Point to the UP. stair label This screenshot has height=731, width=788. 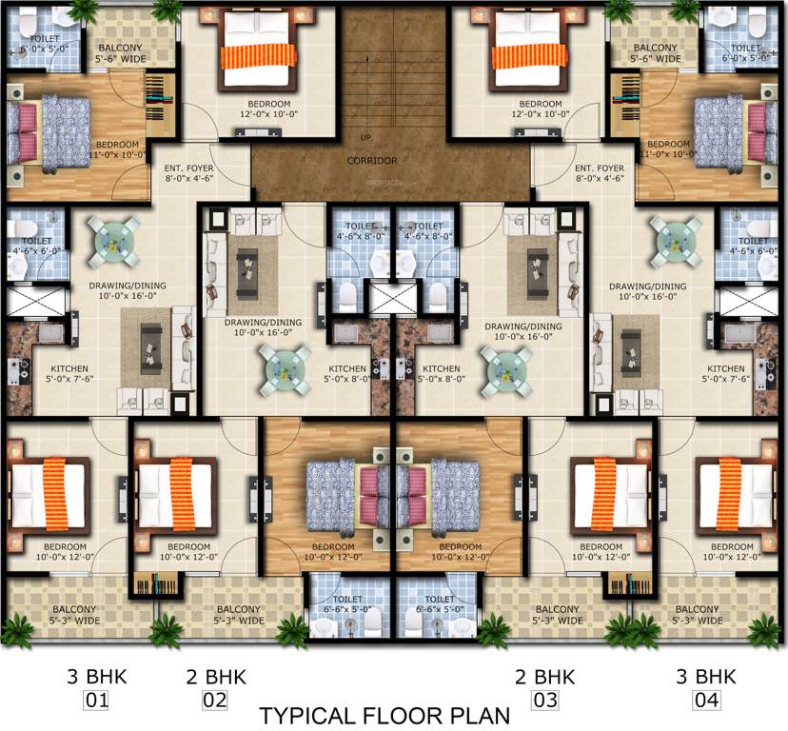point(366,139)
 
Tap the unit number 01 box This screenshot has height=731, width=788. point(97,702)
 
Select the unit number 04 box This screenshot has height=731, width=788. point(704,702)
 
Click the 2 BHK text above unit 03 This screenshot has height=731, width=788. point(545,677)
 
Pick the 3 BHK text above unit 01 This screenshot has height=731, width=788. point(96,677)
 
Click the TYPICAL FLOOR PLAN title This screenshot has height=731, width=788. point(385,715)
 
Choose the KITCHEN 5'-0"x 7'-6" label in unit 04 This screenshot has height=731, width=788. point(726,374)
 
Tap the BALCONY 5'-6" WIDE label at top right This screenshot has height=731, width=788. point(656,53)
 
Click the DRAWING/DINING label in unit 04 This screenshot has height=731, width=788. point(648,291)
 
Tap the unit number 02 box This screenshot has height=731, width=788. point(215,702)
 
